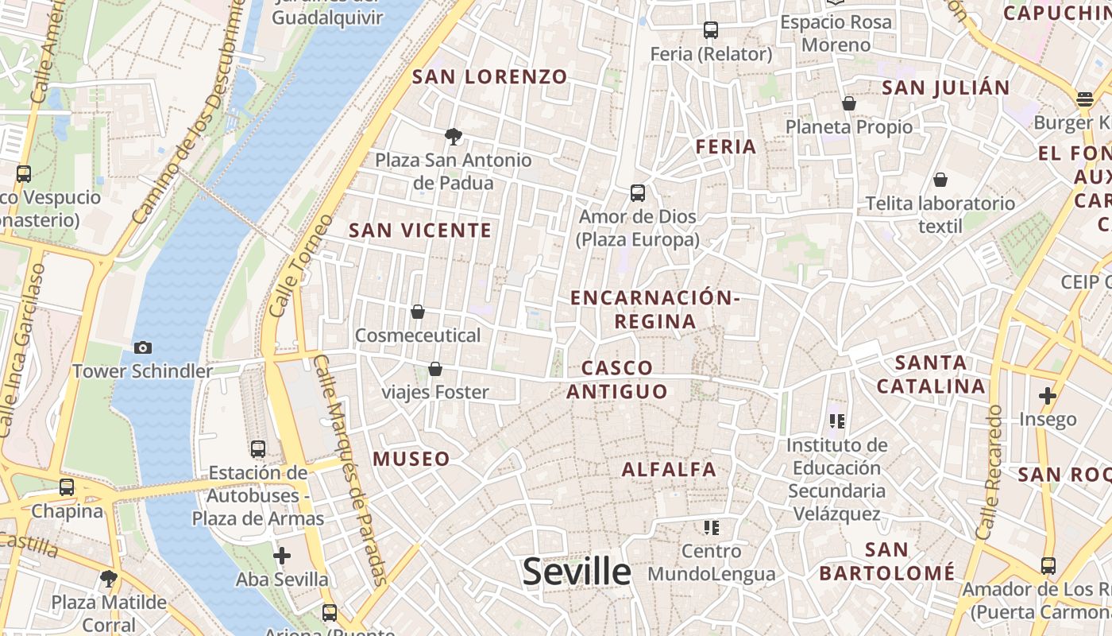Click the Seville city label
click(x=577, y=572)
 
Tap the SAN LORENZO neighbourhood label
click(x=490, y=77)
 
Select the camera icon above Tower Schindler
click(x=143, y=347)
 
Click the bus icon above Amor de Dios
click(x=637, y=193)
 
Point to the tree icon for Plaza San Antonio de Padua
click(x=454, y=137)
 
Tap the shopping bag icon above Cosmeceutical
click(x=418, y=312)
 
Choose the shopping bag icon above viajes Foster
click(x=435, y=369)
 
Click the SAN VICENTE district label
click(x=420, y=231)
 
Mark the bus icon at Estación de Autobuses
click(x=258, y=449)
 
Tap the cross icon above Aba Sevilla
click(x=282, y=556)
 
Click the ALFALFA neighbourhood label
click(x=669, y=470)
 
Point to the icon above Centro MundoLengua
click(x=711, y=527)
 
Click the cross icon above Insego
click(x=1048, y=395)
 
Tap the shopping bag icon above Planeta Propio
click(x=849, y=103)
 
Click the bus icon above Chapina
click(x=67, y=487)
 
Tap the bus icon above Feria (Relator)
click(x=711, y=30)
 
